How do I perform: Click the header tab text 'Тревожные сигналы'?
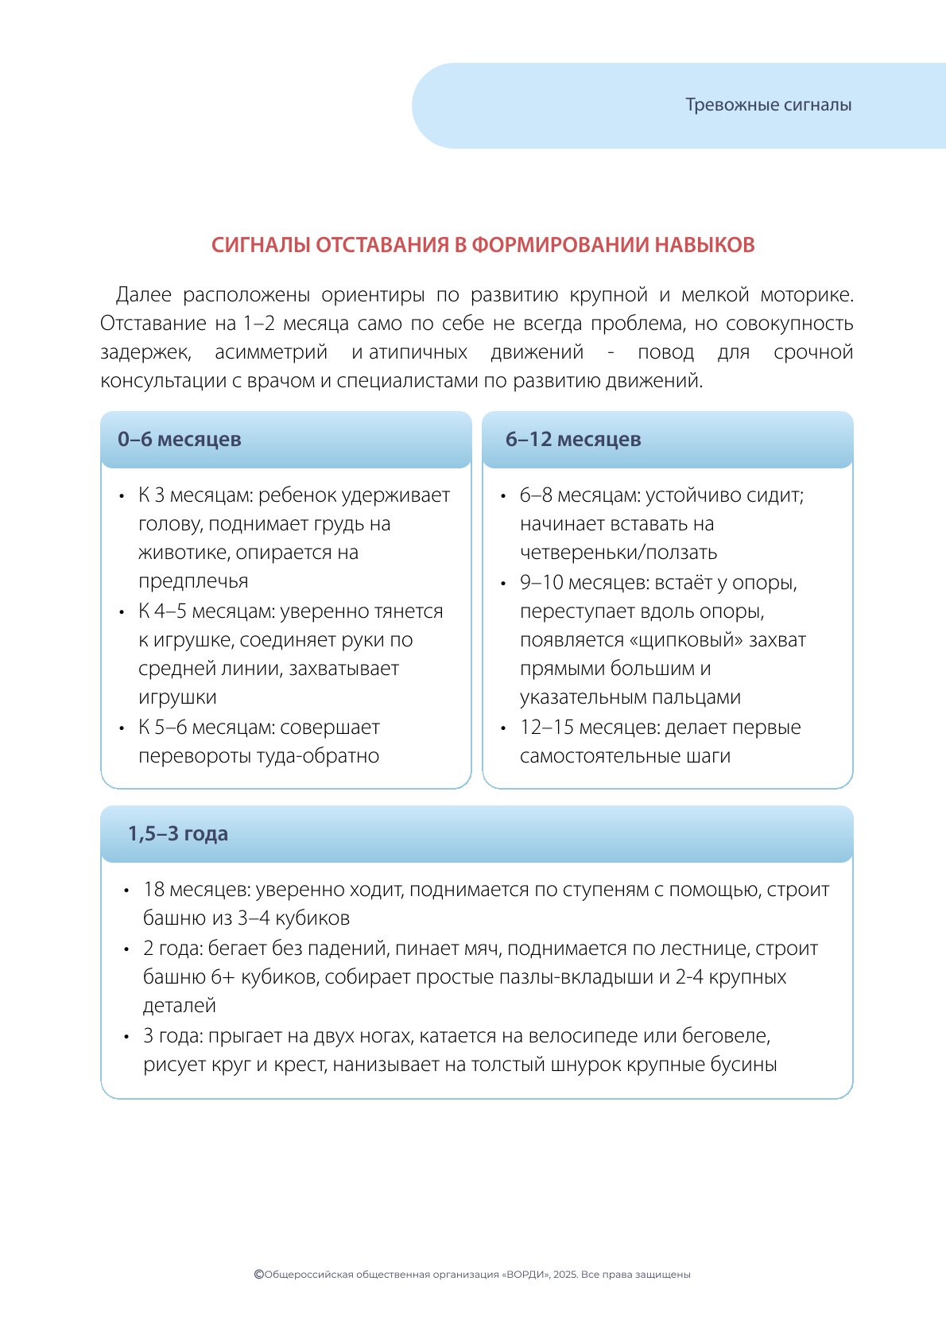(768, 105)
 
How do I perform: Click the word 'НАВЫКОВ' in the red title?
(704, 245)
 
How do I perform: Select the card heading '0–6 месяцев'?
(180, 440)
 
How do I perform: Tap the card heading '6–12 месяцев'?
(573, 440)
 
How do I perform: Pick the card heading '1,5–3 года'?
(178, 834)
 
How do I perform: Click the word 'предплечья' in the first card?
(193, 581)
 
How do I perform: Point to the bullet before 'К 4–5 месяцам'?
(122, 612)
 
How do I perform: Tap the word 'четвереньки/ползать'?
(618, 553)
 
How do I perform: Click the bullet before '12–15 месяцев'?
(503, 728)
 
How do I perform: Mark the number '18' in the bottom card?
(153, 890)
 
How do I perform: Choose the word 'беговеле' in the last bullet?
(731, 1036)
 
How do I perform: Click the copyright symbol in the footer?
(258, 1274)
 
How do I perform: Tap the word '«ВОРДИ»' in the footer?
(526, 1275)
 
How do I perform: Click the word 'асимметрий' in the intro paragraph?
(271, 352)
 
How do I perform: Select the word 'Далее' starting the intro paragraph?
(144, 295)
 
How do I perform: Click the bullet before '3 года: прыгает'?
(126, 1037)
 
